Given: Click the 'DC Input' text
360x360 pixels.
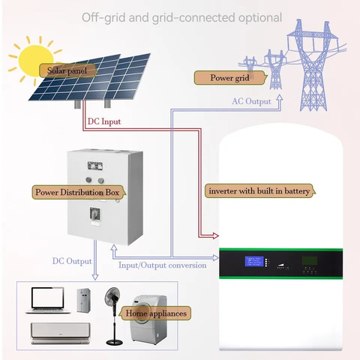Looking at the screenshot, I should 103,121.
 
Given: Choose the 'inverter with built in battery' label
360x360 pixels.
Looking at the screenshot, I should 259,191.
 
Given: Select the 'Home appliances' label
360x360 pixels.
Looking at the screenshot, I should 157,312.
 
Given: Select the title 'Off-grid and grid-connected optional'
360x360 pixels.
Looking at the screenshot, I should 181,16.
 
